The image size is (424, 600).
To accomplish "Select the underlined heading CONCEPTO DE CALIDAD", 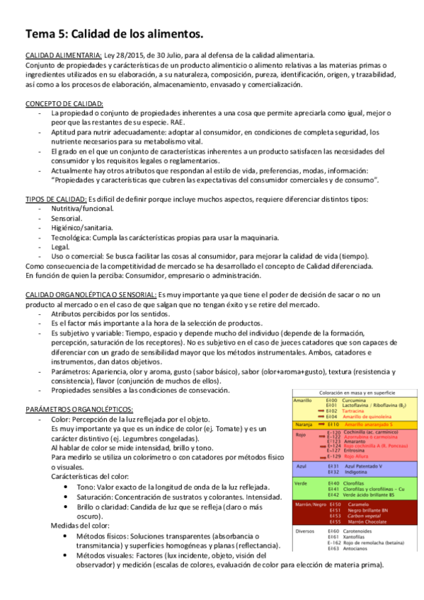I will (x=64, y=103).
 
